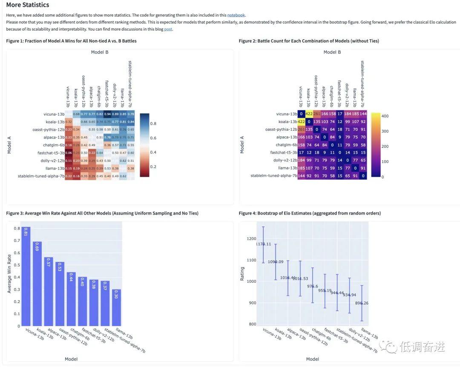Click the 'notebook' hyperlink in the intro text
coord(236,15)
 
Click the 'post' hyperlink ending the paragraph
coord(168,29)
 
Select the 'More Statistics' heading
coord(27,5)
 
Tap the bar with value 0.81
coord(26,277)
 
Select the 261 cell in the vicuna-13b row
coord(317,114)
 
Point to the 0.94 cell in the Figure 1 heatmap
coord(108,114)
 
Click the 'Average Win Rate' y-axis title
coord(9,274)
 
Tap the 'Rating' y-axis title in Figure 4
coord(242,273)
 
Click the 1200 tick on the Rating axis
coord(251,239)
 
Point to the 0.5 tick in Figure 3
coord(17,265)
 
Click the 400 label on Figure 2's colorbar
coord(385,116)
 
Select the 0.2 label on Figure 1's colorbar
coord(153,166)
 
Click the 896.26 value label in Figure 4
coord(361,303)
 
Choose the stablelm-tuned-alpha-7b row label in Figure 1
coord(41,176)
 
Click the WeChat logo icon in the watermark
coord(389,347)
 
